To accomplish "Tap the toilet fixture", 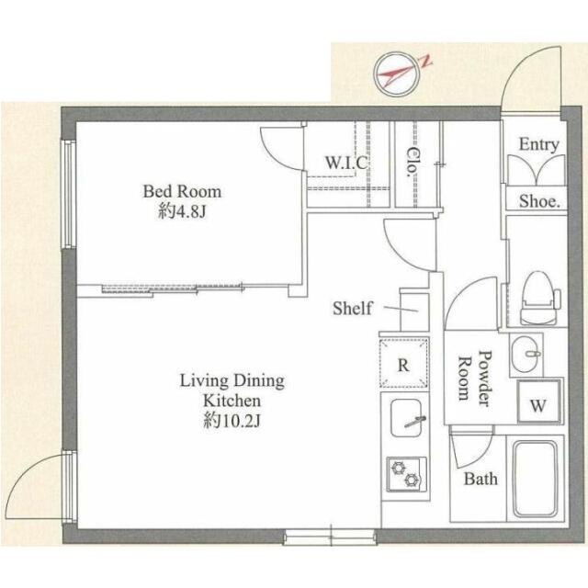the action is (539, 299).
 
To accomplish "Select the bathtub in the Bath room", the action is (535, 479).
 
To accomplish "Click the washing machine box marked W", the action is (539, 401).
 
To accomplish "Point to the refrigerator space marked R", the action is (403, 363).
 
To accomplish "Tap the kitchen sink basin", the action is (406, 418).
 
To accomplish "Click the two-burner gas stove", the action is (406, 474).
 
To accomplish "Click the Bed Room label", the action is (182, 191).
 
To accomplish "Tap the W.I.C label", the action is (346, 163).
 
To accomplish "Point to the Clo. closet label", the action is (413, 162).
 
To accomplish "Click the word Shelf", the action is (353, 309).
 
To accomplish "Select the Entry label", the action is (538, 145).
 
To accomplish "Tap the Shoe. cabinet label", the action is (539, 202).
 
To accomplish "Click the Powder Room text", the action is (475, 378).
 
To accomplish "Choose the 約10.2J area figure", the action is (232, 422).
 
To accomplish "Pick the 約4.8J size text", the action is (182, 212).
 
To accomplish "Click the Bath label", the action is (481, 479).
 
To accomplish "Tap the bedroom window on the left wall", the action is (69, 194).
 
